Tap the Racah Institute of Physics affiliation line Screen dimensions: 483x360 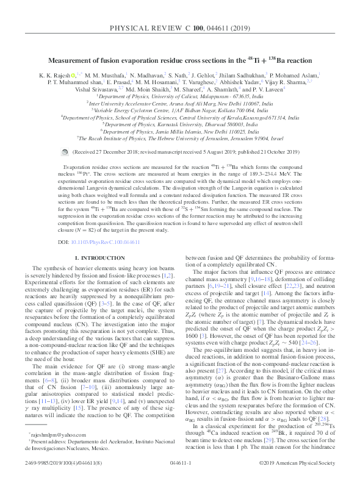pos(180,138)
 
